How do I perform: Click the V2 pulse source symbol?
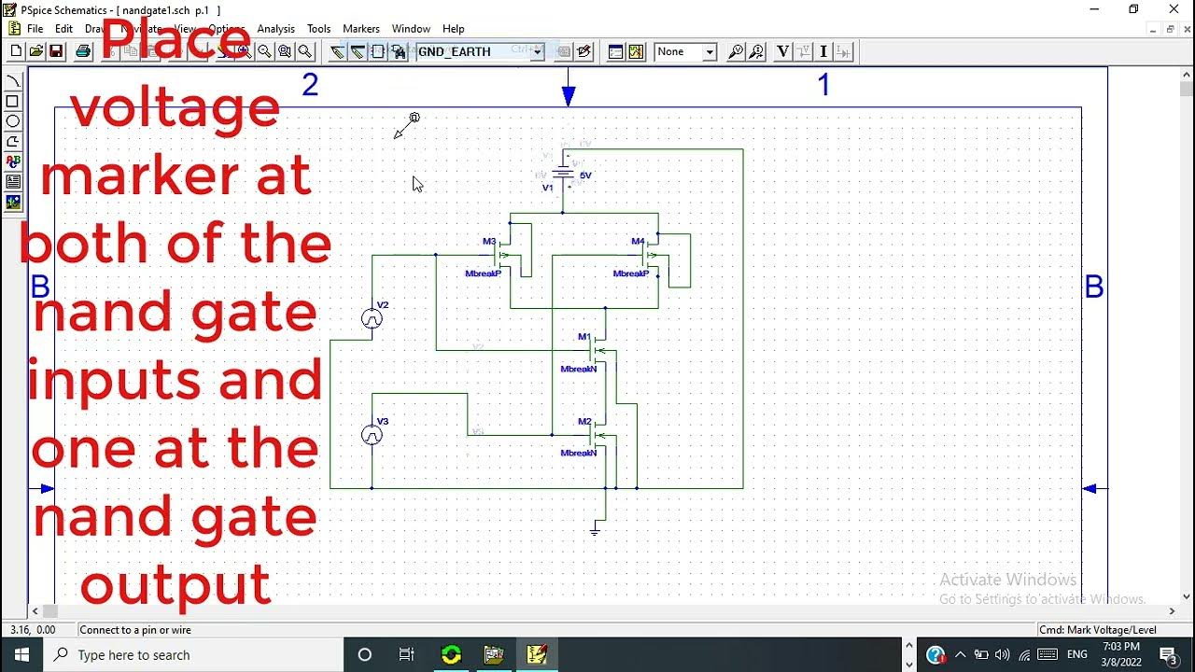[372, 319]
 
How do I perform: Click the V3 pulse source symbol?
[372, 435]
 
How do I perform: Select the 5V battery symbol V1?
[563, 173]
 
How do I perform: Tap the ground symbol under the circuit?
[595, 530]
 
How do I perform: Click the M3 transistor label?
[489, 242]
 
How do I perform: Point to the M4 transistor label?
[638, 242]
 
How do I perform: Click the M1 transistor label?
[583, 337]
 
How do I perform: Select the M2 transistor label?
[583, 422]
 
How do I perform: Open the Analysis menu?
[275, 29]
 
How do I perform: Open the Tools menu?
[319, 29]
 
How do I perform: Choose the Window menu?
[411, 29]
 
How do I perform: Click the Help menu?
[454, 29]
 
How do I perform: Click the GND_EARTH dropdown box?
[479, 52]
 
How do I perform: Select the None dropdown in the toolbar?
[685, 52]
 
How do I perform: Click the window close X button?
[1174, 9]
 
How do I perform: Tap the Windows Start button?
[21, 654]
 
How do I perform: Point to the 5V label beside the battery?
[585, 175]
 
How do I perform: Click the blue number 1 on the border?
[823, 86]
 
